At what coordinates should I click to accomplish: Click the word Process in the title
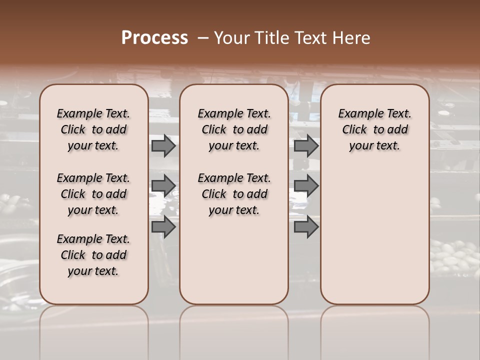point(154,38)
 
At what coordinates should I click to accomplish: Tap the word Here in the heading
point(351,38)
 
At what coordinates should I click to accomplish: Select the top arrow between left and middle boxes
point(163,145)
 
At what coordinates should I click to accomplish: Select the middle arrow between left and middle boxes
point(163,186)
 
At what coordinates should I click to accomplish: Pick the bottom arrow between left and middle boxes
point(163,227)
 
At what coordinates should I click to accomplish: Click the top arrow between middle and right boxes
point(306,145)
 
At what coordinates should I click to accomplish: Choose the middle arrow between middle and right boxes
point(306,186)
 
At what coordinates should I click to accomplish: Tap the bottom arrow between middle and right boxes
point(306,227)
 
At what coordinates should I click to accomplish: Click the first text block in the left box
point(93,129)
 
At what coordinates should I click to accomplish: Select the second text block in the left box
point(93,194)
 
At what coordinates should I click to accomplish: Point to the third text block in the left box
point(93,255)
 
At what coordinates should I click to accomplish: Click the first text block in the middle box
point(234,129)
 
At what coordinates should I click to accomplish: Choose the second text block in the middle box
point(234,194)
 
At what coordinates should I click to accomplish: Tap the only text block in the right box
point(374,129)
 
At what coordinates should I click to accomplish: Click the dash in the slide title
point(203,38)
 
